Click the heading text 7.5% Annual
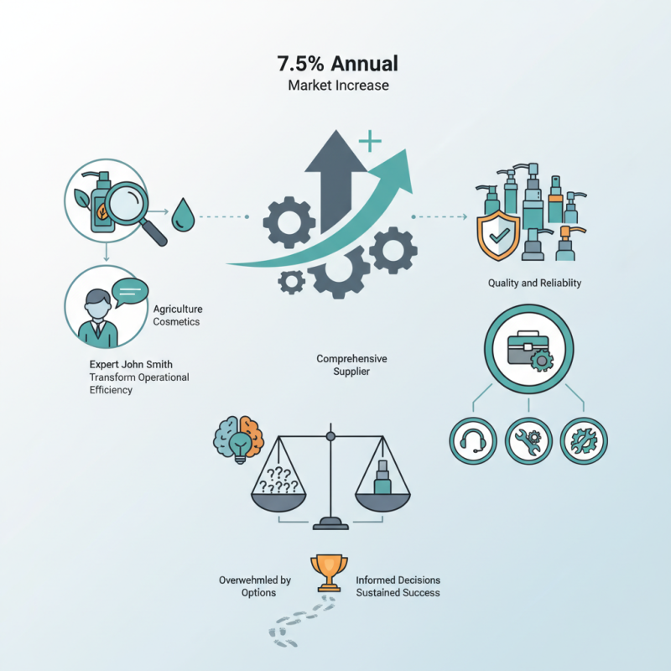coord(338,64)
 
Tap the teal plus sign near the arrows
coord(370,140)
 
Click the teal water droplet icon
coord(183,215)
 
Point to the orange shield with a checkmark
coord(498,235)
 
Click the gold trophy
coord(329,573)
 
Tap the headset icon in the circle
coord(473,441)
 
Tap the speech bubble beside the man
coord(130,292)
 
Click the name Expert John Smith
coord(131,365)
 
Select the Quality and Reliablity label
coord(534,283)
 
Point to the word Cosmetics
coord(176,322)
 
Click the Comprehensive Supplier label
coord(351,365)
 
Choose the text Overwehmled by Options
coord(255,586)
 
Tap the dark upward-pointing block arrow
coord(335,179)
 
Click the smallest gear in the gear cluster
coord(291,282)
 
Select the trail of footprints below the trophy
coord(302,622)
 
